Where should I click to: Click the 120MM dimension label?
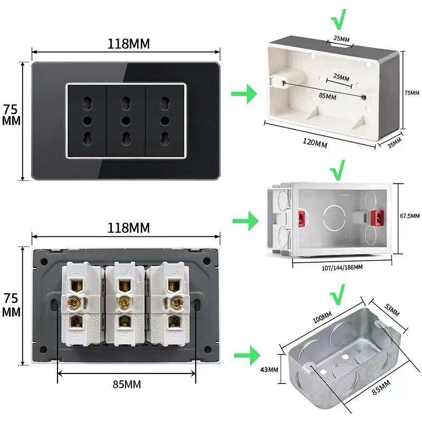coord(314,143)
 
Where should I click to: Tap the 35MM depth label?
coord(395,143)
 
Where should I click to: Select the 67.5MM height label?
coord(409,216)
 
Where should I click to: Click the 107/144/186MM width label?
coord(342,267)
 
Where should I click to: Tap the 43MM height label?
coord(269,369)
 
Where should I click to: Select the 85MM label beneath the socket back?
coord(127,384)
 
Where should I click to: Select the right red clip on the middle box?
coord(377,217)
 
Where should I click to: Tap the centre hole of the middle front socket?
coord(126,121)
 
